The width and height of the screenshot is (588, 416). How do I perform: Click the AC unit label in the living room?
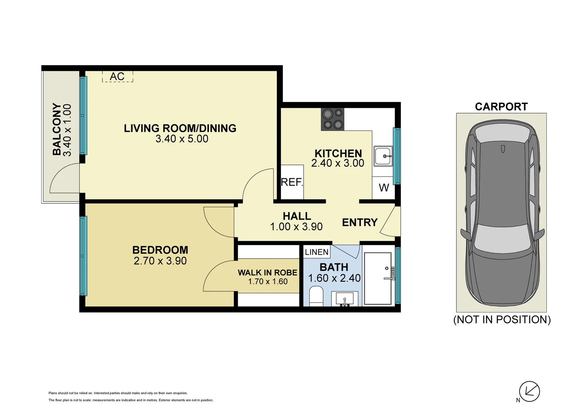[x=117, y=77]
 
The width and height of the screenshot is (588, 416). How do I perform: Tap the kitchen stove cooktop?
[x=333, y=119]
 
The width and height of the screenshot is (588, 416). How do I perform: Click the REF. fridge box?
[x=292, y=182]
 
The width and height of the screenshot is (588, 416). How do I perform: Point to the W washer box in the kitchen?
[x=384, y=188]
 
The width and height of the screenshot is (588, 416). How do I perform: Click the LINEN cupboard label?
[x=317, y=252]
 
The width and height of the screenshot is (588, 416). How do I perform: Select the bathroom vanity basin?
[x=344, y=299]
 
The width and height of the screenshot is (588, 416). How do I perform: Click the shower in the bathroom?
[x=378, y=279]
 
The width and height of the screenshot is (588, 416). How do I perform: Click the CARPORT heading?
[x=501, y=107]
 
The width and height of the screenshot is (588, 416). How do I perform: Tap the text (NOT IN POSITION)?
[x=502, y=320]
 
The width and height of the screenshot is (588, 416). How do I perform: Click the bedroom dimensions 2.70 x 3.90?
[x=160, y=261]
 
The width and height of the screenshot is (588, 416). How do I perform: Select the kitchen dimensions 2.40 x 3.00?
[x=338, y=163]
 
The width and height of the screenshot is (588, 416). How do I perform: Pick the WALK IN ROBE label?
[x=267, y=272]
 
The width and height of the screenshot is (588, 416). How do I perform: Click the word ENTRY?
[x=360, y=222]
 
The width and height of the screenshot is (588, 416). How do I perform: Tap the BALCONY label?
[x=57, y=129]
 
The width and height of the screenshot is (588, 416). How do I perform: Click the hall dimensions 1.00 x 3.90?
[x=296, y=226]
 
